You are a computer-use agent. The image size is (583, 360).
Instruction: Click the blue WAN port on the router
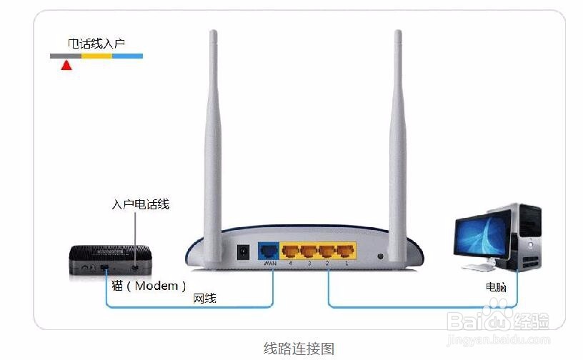pos(268,251)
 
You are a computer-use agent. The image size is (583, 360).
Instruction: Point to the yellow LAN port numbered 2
pos(327,251)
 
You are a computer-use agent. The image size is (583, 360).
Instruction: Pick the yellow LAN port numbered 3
pos(309,251)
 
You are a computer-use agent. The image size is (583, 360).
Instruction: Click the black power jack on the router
pos(243,252)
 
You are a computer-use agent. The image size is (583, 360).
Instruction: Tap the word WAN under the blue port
pos(269,264)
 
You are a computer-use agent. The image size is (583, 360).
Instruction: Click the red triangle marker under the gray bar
pos(66,66)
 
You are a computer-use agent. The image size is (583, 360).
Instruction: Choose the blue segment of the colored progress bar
pos(127,56)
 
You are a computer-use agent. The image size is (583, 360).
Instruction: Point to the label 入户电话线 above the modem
pos(140,204)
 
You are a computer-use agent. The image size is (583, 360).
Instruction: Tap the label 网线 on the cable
pos(204,299)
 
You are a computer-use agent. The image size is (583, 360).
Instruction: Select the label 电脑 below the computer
pos(496,286)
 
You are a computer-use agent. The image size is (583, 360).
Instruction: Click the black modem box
pos(107,260)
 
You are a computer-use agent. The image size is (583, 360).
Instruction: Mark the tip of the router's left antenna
pos(212,33)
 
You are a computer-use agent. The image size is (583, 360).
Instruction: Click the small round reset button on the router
pos(380,255)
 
